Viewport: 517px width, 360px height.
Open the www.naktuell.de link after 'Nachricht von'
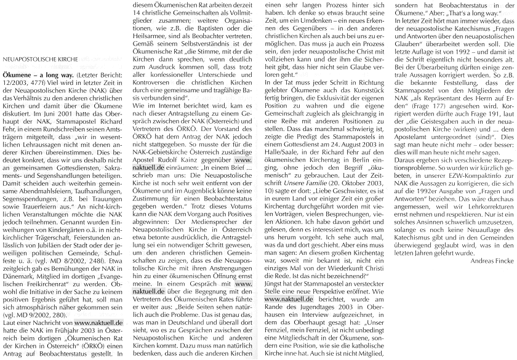point(99,339)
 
